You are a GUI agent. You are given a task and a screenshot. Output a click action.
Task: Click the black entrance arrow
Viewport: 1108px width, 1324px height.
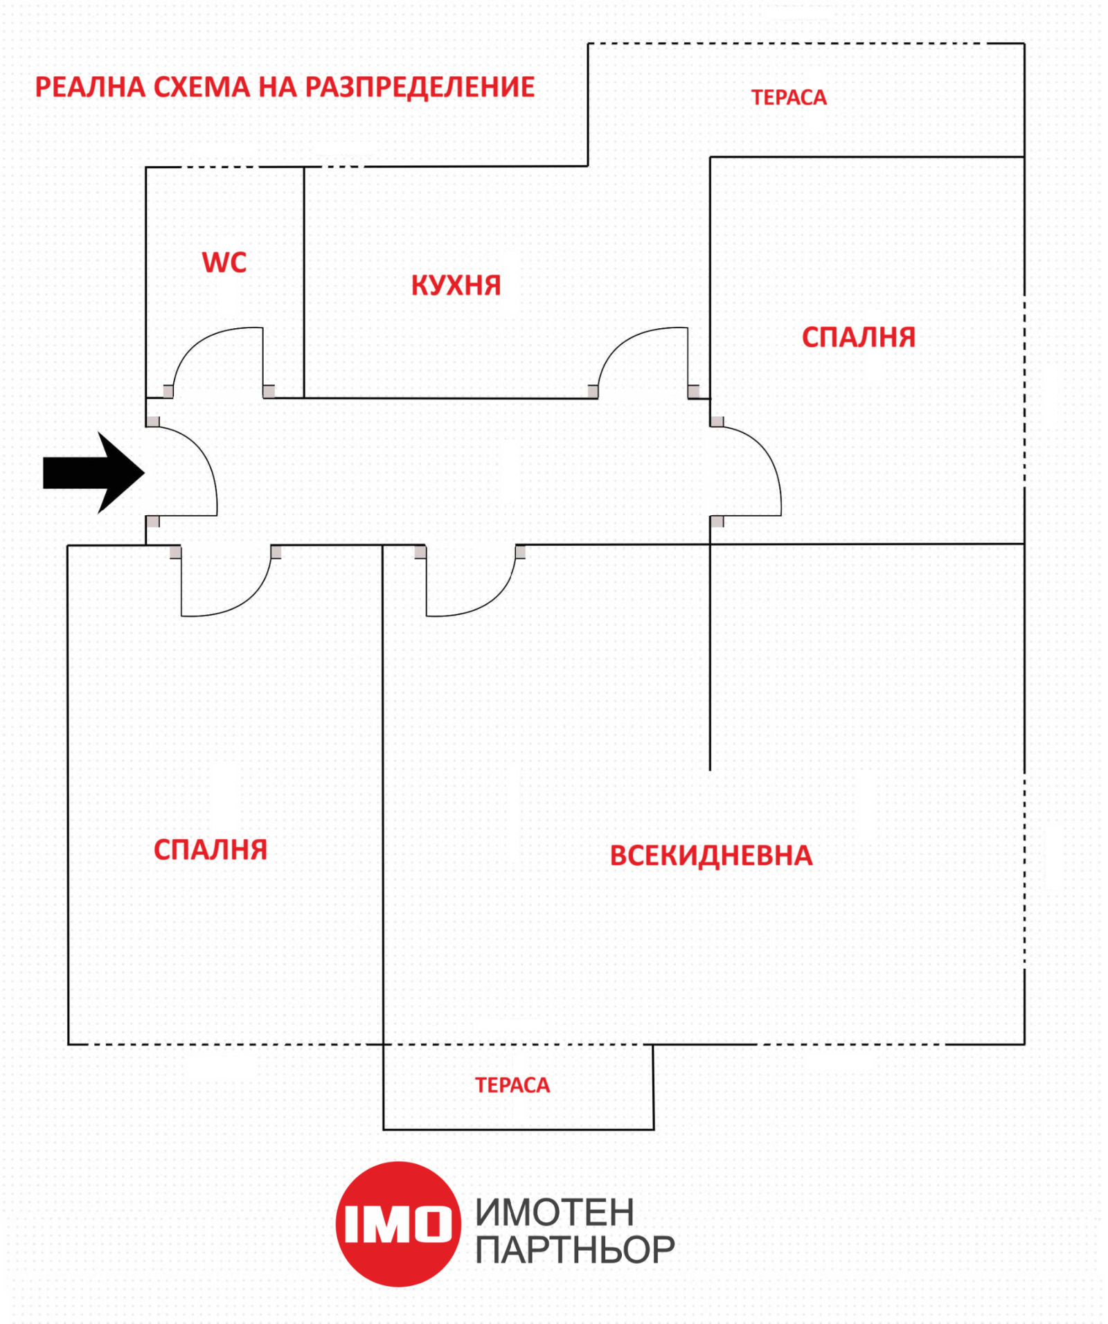click(93, 472)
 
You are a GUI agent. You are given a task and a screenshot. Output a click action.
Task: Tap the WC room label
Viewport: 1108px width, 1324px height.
click(224, 262)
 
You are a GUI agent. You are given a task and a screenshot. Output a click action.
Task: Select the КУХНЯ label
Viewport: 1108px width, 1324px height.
click(456, 285)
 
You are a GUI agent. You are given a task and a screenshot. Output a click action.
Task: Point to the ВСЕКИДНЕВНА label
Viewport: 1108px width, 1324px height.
click(711, 855)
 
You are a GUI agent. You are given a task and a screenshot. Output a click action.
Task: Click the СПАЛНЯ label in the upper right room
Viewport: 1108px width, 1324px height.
click(858, 337)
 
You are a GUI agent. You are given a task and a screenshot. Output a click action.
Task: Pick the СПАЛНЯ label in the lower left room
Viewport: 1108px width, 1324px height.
click(210, 850)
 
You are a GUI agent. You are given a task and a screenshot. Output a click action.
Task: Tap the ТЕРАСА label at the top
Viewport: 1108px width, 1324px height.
click(789, 98)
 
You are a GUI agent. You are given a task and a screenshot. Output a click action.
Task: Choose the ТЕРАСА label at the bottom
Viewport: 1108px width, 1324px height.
click(512, 1085)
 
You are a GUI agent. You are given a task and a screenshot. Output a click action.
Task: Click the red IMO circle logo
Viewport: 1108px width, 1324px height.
click(398, 1224)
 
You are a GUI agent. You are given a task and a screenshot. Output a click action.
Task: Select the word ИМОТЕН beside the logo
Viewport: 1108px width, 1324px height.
click(554, 1212)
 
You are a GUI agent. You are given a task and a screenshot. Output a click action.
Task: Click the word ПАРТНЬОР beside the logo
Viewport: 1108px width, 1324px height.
click(574, 1250)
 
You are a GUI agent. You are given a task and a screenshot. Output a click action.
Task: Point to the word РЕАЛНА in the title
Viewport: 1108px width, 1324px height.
click(90, 87)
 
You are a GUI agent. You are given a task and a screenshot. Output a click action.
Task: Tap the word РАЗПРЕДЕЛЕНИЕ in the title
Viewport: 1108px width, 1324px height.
click(420, 87)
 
